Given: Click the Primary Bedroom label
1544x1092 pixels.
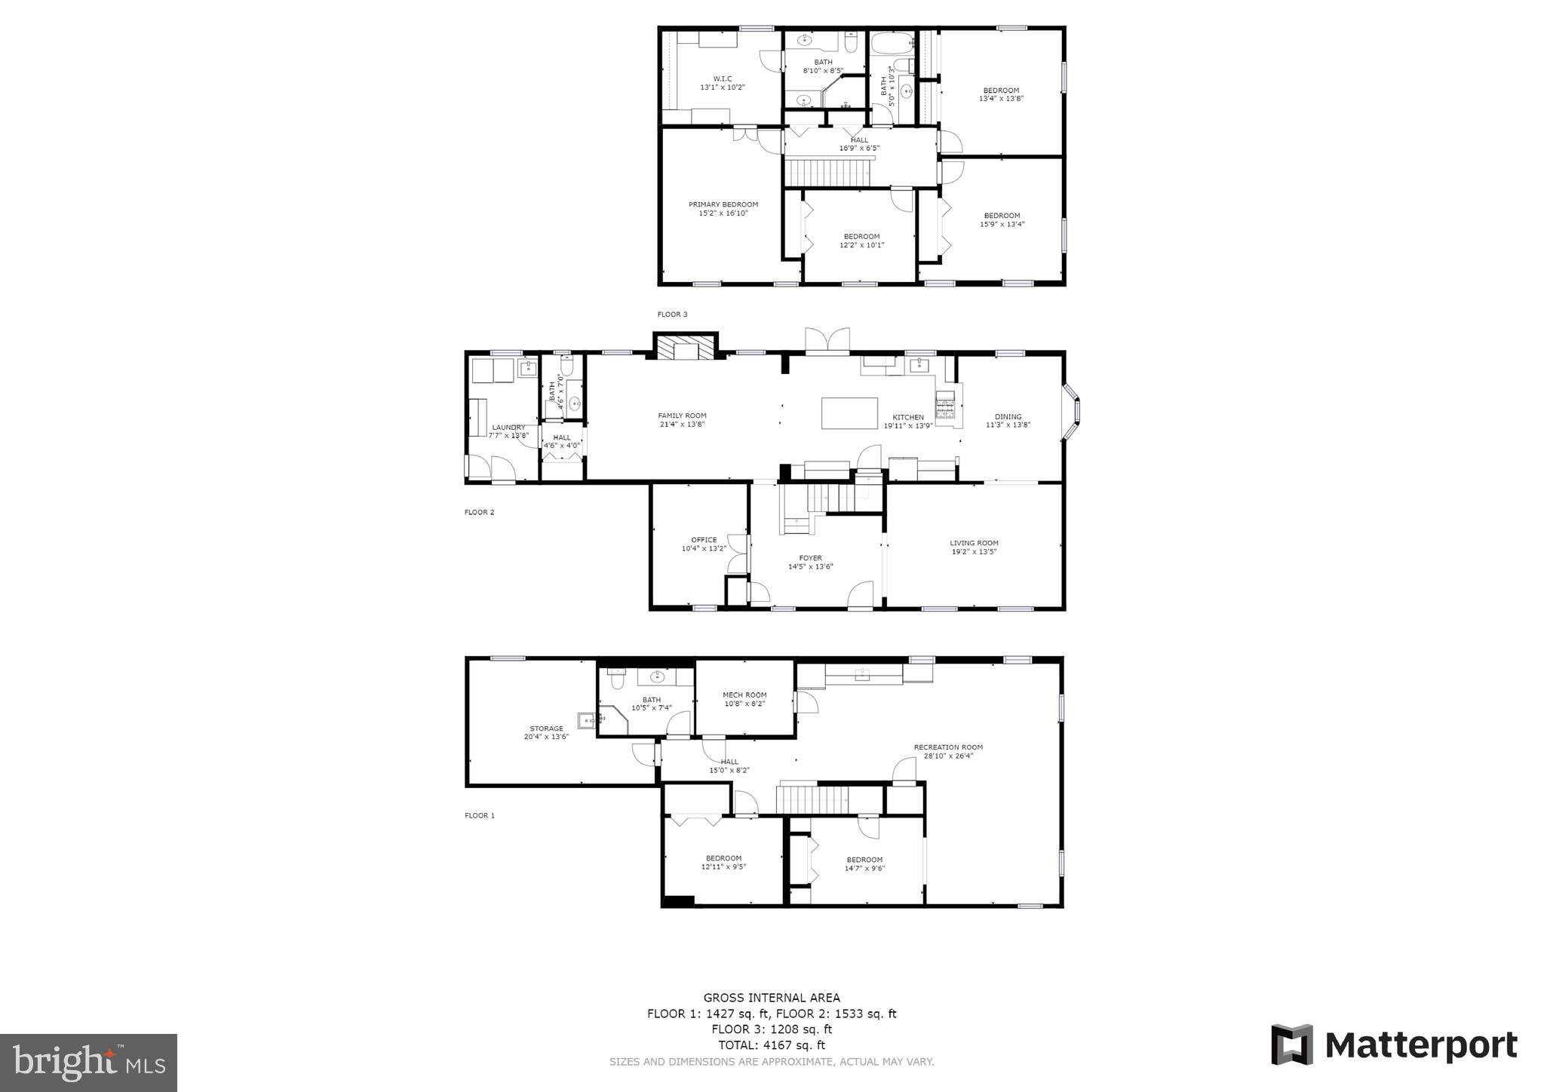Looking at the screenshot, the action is [x=723, y=204].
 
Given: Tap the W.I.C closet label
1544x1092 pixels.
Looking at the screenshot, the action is [x=722, y=78].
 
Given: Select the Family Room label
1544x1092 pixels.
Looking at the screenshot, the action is [x=682, y=416].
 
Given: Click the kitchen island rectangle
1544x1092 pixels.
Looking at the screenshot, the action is [x=849, y=413].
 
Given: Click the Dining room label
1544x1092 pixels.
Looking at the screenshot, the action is [x=1008, y=416].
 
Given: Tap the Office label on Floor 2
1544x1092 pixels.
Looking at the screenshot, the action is [x=704, y=540].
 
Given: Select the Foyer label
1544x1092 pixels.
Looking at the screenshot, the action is [x=810, y=558].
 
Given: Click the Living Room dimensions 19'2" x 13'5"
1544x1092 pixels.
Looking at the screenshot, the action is [x=974, y=551].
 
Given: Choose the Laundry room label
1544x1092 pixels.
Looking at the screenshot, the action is [x=508, y=427].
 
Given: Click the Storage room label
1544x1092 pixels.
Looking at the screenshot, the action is [x=546, y=729].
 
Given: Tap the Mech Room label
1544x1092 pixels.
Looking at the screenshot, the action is [x=744, y=695].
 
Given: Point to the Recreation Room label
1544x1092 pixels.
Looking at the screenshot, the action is [x=948, y=747].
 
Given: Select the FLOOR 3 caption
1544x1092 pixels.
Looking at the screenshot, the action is [x=672, y=314].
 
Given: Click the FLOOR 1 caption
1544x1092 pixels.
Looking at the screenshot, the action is [x=480, y=815].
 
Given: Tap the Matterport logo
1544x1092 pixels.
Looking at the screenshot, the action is [x=1394, y=1044].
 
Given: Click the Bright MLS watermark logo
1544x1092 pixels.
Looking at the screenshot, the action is [x=89, y=1063].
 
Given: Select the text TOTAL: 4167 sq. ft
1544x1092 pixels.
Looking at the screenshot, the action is [x=772, y=1045].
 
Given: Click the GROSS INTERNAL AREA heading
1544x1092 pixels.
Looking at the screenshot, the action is [x=772, y=998].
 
